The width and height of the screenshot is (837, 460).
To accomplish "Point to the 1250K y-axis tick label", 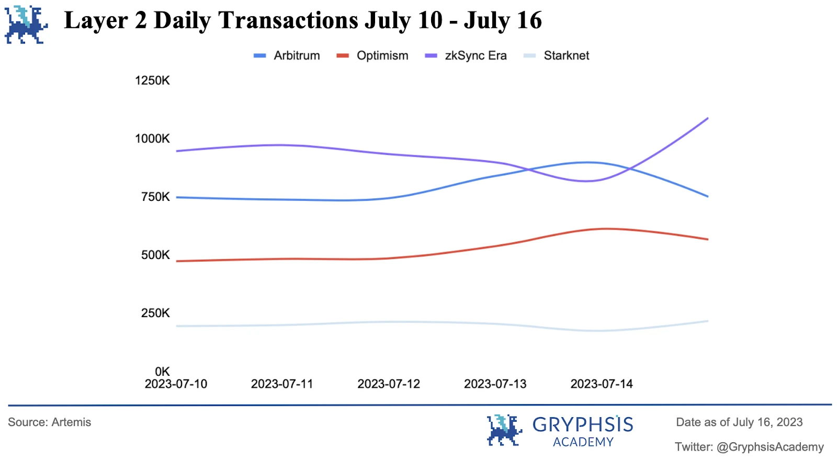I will tap(152, 81).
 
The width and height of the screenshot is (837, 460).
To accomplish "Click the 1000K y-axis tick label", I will tap(152, 139).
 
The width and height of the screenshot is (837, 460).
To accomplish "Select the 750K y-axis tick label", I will tap(155, 197).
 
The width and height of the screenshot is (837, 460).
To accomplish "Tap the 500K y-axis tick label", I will tap(155, 255).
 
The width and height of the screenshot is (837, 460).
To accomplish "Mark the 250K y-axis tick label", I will tap(155, 313).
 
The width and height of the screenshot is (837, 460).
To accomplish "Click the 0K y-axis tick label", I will tap(162, 372).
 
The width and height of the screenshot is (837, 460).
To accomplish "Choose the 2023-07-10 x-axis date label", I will tap(176, 384).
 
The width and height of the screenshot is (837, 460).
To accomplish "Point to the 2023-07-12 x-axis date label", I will tap(389, 384).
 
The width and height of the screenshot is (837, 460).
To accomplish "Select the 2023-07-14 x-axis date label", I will tap(602, 384).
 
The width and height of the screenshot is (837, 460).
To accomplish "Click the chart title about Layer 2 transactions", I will tap(303, 21).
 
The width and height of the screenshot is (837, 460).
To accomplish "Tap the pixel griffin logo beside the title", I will tap(26, 25).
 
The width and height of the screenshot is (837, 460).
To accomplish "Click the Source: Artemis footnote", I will tap(49, 422).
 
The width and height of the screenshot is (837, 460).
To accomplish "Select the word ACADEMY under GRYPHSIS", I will tap(583, 442).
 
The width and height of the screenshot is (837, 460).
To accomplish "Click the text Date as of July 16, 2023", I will tap(739, 422).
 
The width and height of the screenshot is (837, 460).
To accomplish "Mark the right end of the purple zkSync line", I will tap(707, 118).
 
